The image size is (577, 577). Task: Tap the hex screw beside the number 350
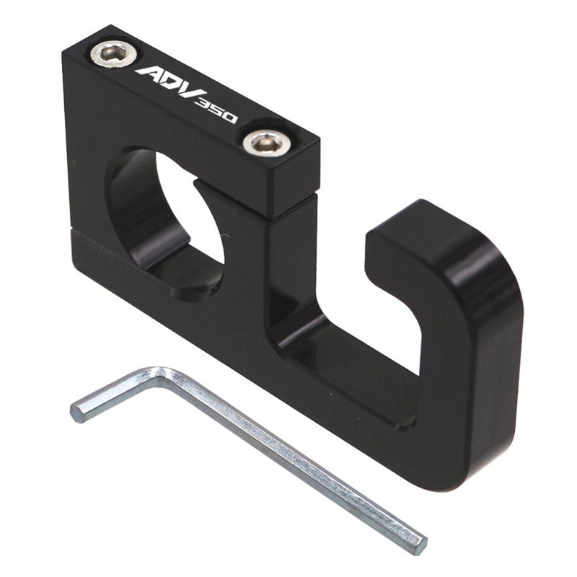point(266,142)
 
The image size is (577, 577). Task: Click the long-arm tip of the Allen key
point(418,543)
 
